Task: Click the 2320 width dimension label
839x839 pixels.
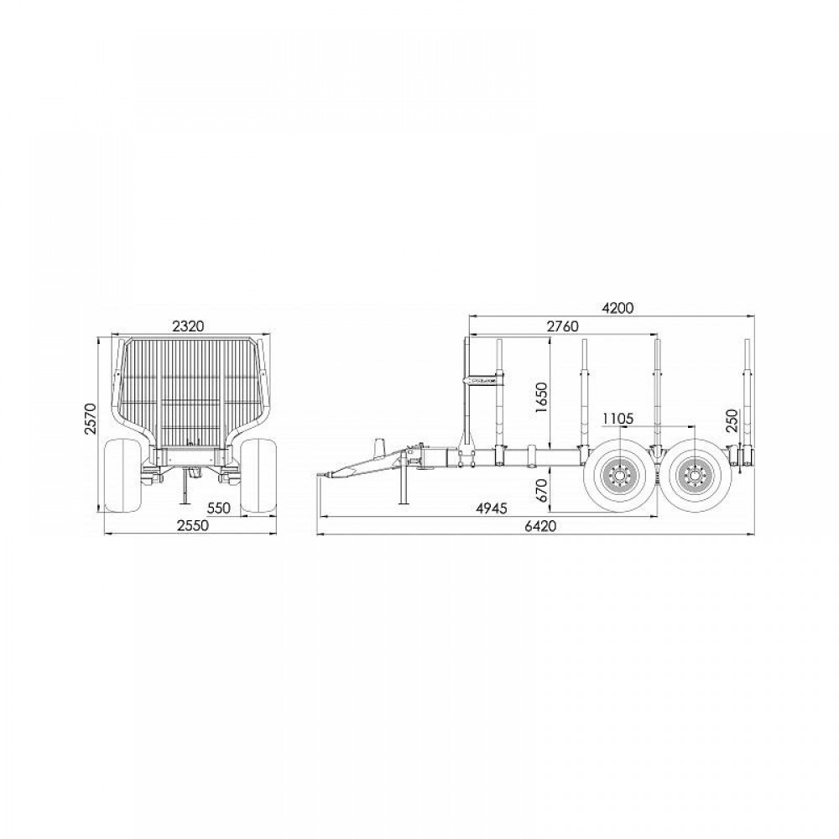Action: (188, 326)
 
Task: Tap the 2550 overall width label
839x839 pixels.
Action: (193, 525)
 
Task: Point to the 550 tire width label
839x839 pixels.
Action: (219, 508)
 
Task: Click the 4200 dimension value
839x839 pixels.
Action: (618, 308)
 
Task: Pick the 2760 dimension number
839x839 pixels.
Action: (563, 326)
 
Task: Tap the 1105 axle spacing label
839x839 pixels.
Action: (618, 419)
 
